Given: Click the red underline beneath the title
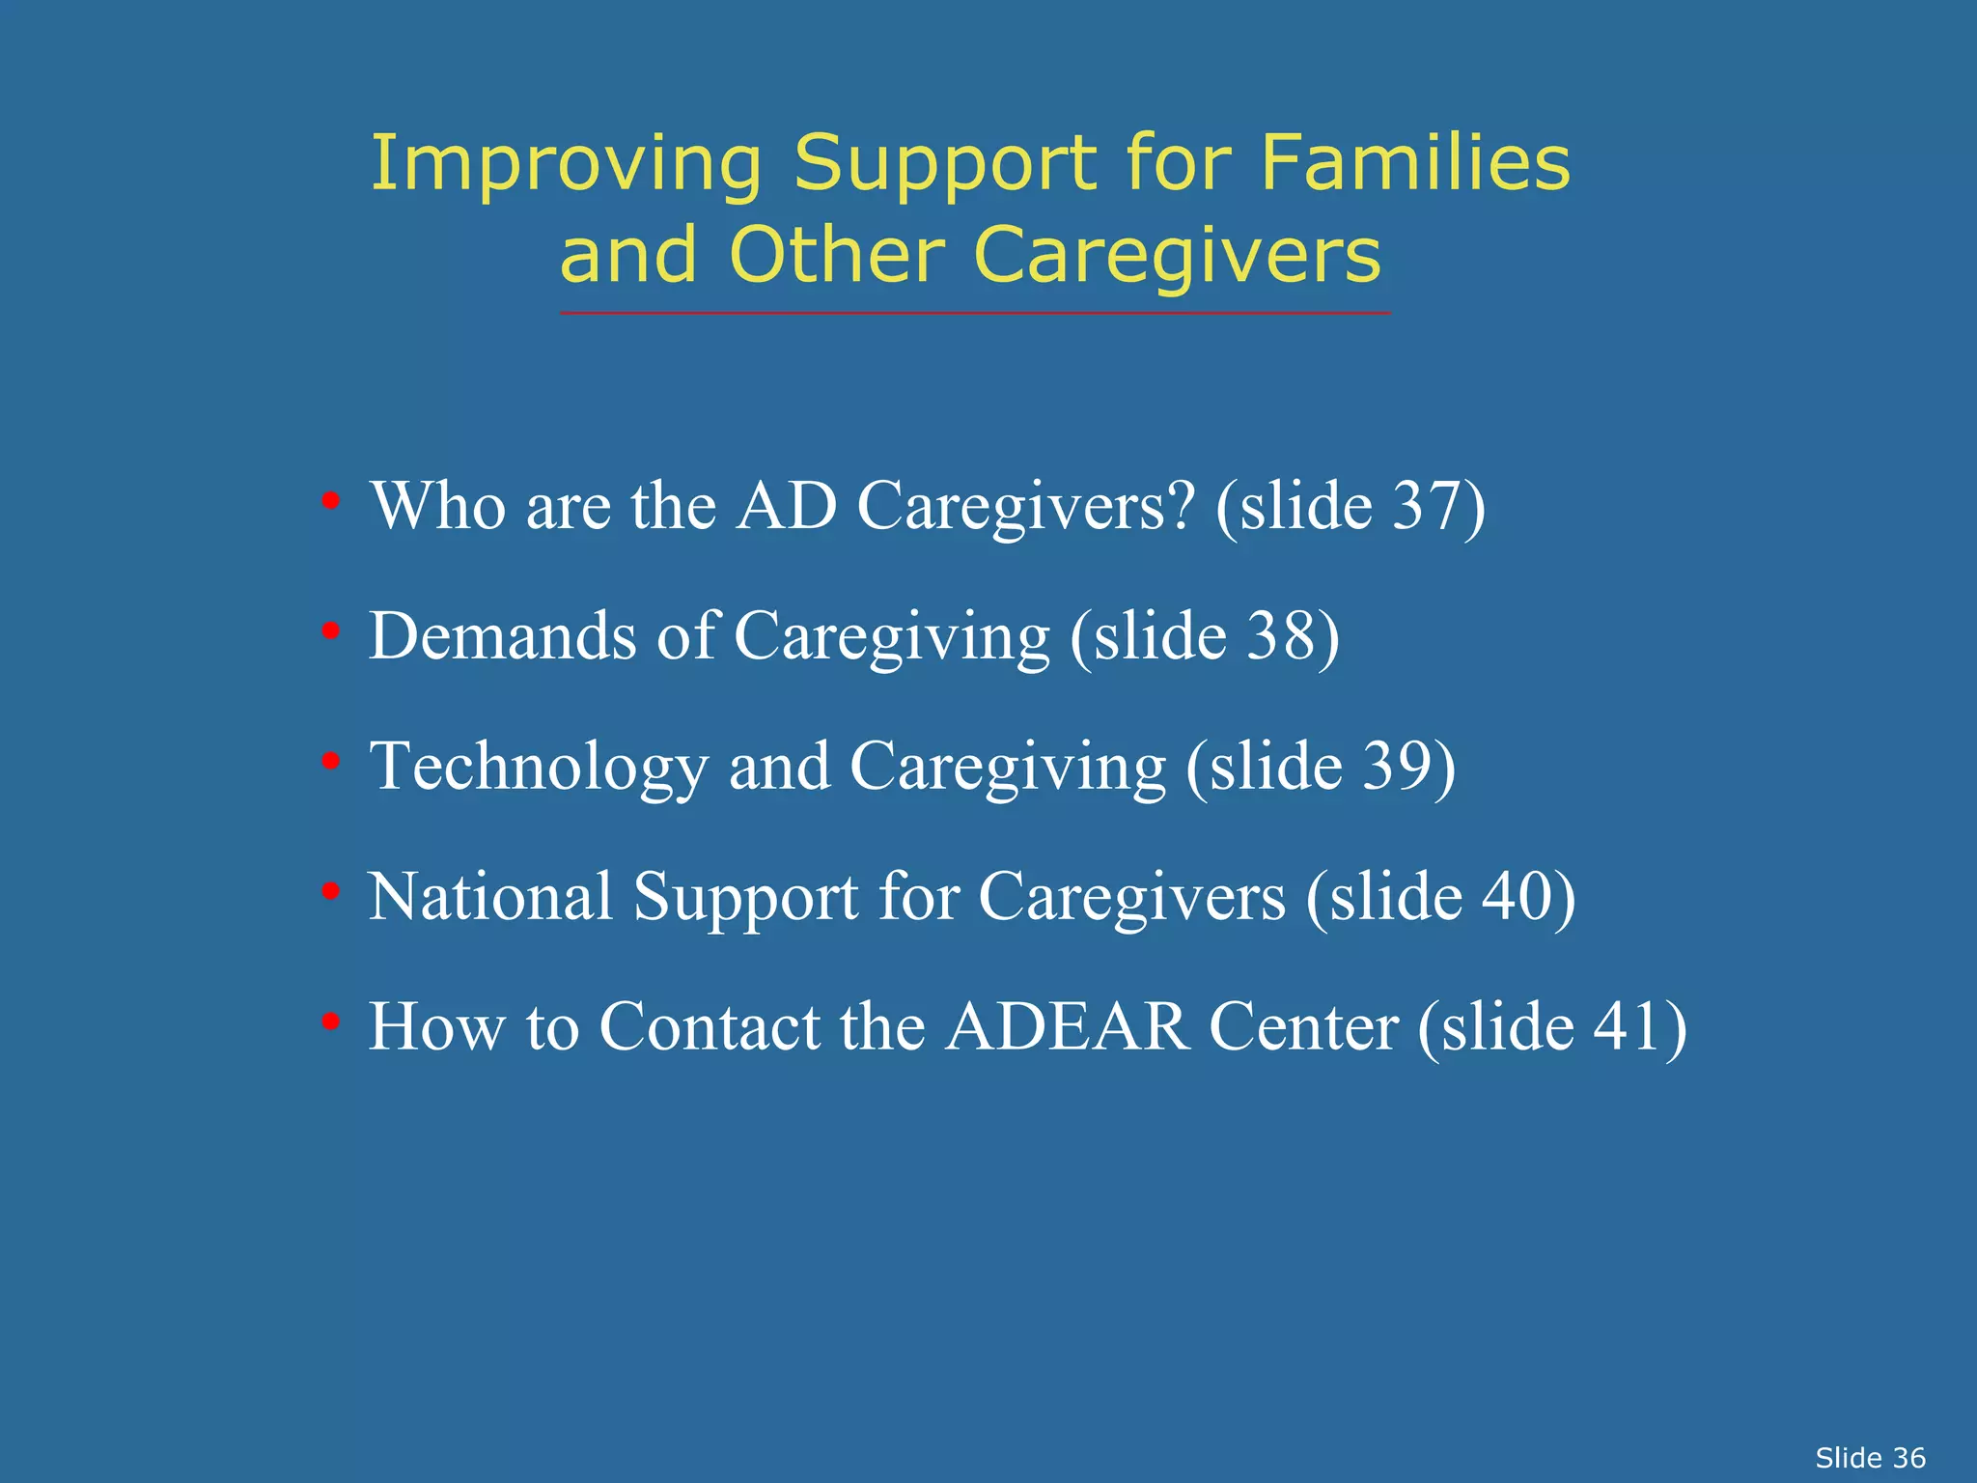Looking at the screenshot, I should [x=975, y=313].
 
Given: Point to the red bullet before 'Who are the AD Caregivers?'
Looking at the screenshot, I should [x=331, y=501].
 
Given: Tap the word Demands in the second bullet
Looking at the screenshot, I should [x=503, y=636].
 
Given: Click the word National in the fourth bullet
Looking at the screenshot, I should [x=490, y=897].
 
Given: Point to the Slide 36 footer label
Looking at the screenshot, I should [x=1870, y=1457].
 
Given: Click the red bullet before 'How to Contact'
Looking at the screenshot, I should [x=331, y=1021].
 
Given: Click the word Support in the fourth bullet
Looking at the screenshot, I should [x=745, y=899].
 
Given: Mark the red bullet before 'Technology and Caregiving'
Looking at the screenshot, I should [x=331, y=762].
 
